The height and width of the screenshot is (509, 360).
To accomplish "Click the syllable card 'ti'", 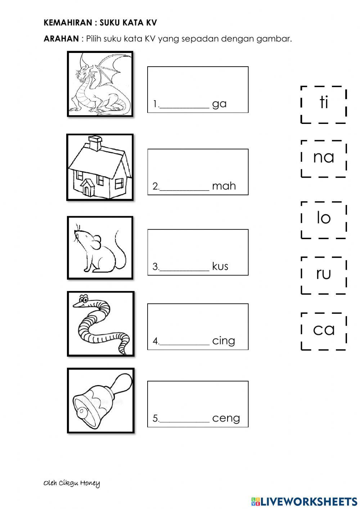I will tap(324, 104).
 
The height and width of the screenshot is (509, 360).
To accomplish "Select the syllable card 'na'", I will tap(324, 158).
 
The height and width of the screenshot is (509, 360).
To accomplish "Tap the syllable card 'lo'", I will tap(324, 219).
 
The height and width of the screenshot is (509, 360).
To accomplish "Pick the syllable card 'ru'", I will tap(324, 275).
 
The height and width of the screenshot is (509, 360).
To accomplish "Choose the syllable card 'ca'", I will tap(324, 331).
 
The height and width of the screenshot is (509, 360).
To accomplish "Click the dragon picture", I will tap(100, 84).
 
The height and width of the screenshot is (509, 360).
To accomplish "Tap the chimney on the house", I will tap(95, 143).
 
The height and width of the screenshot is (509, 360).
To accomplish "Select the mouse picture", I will tap(100, 248).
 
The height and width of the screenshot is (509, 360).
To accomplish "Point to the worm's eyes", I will tap(84, 299).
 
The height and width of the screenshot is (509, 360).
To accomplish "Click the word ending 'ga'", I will tap(219, 104).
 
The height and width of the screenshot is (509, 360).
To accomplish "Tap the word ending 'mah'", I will tap(224, 186).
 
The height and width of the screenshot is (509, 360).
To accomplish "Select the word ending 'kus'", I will tap(220, 266).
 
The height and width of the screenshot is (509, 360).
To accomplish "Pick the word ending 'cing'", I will tap(224, 340).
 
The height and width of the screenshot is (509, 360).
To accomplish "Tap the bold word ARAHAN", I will tap(61, 39).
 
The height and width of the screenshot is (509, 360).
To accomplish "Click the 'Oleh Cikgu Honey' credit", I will tap(72, 483).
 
